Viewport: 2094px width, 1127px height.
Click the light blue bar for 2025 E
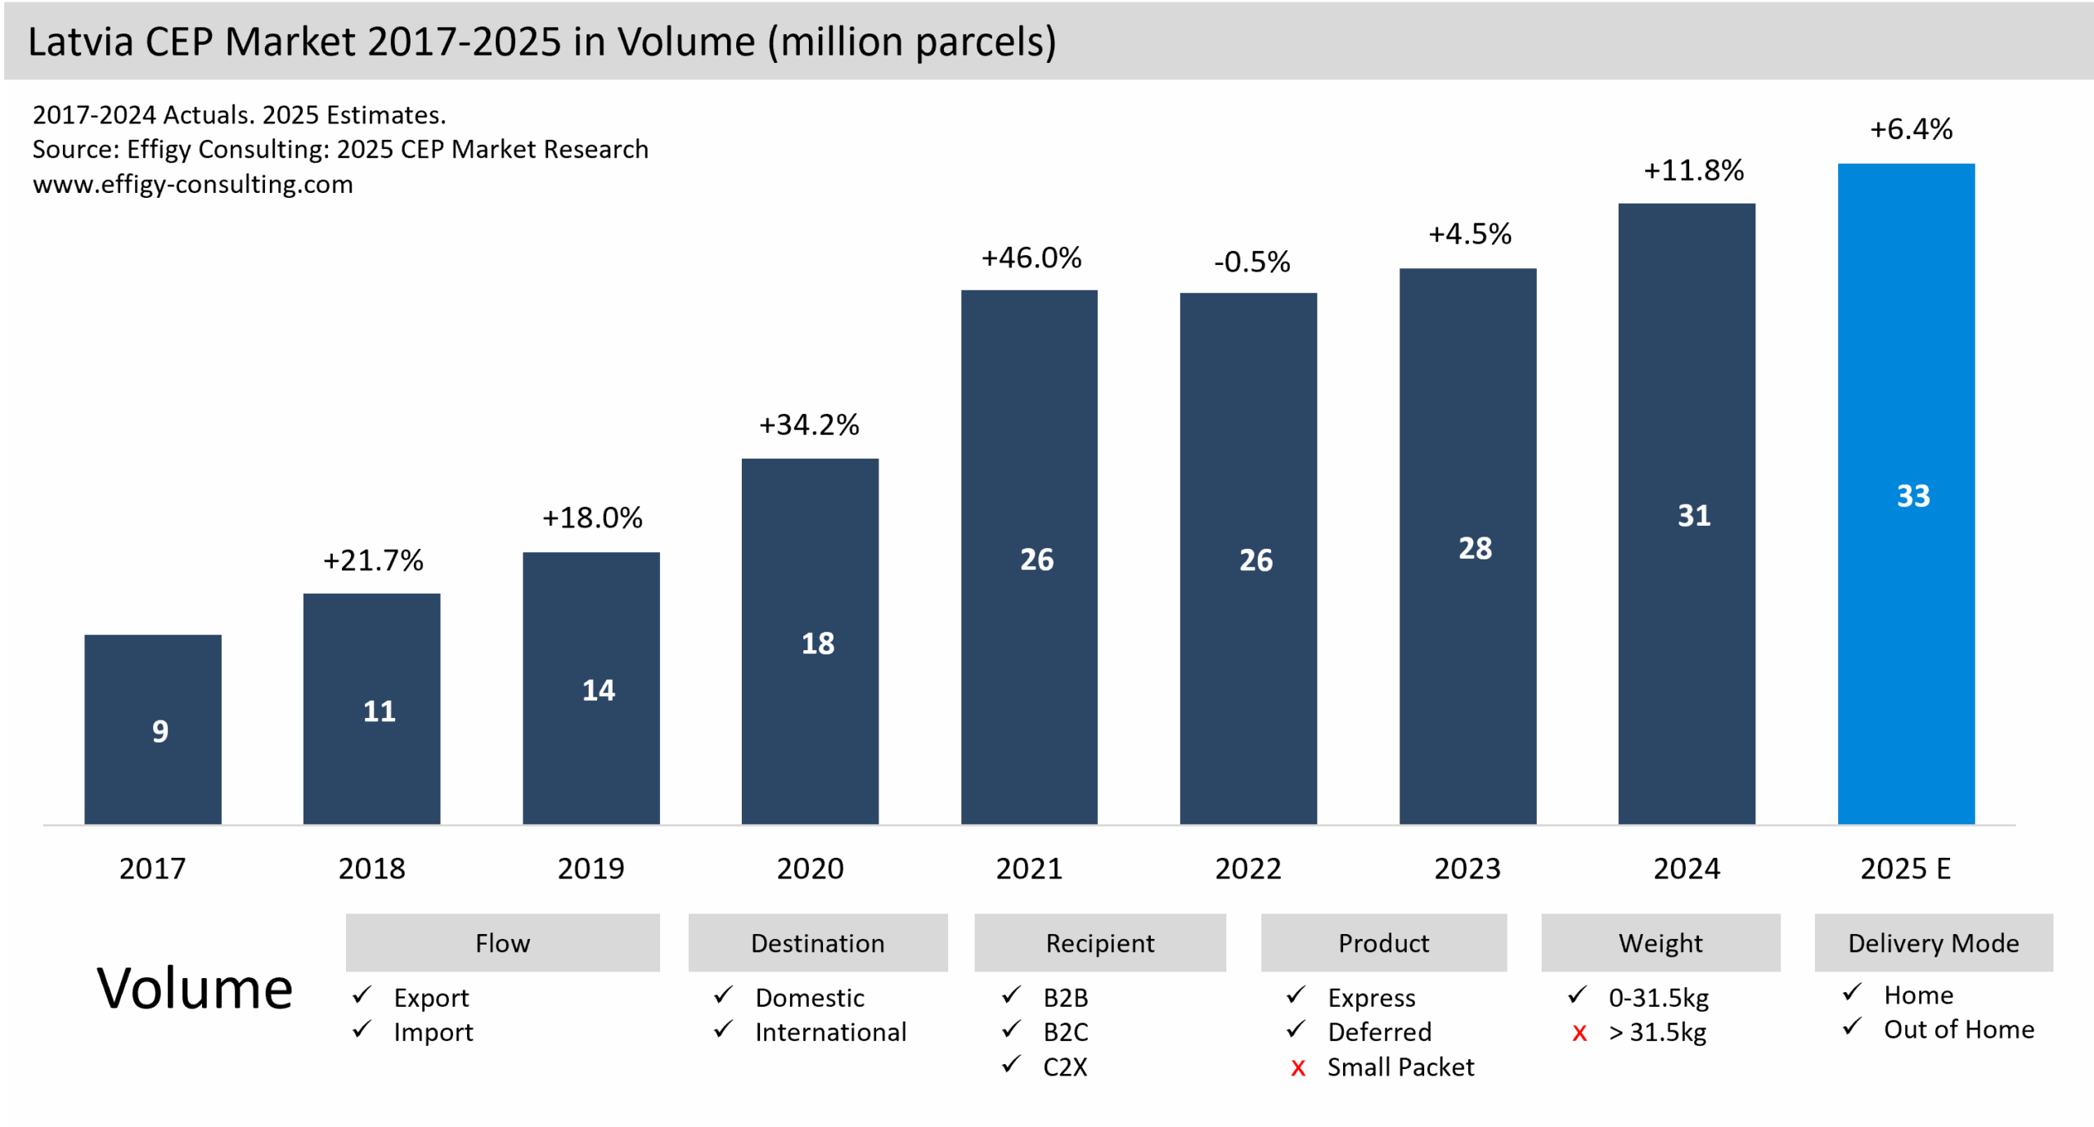(1906, 493)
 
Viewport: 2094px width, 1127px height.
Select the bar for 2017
(153, 729)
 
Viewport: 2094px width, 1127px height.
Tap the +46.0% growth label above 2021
(1031, 258)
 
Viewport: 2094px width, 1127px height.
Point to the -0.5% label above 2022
(1251, 263)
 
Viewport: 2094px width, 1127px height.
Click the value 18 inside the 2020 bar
(817, 644)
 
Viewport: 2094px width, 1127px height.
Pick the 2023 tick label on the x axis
(1467, 869)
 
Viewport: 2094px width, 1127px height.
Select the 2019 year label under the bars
(591, 869)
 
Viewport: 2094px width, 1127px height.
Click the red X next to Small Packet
(1297, 1068)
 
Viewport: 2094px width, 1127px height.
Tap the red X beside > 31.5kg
(1579, 1034)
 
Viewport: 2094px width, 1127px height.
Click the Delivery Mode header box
(1934, 943)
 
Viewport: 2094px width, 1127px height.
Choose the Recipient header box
(1100, 943)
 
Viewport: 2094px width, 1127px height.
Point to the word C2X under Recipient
(1065, 1067)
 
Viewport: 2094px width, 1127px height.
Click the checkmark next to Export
(362, 995)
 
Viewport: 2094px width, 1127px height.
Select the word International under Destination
(830, 1032)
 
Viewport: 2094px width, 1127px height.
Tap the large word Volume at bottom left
(195, 989)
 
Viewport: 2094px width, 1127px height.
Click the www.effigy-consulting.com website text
(193, 185)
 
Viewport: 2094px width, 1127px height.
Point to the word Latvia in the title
(80, 42)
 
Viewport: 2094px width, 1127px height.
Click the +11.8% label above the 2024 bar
(1693, 171)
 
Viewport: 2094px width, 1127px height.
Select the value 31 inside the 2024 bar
(1693, 515)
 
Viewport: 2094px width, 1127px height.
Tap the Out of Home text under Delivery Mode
(1958, 1030)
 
